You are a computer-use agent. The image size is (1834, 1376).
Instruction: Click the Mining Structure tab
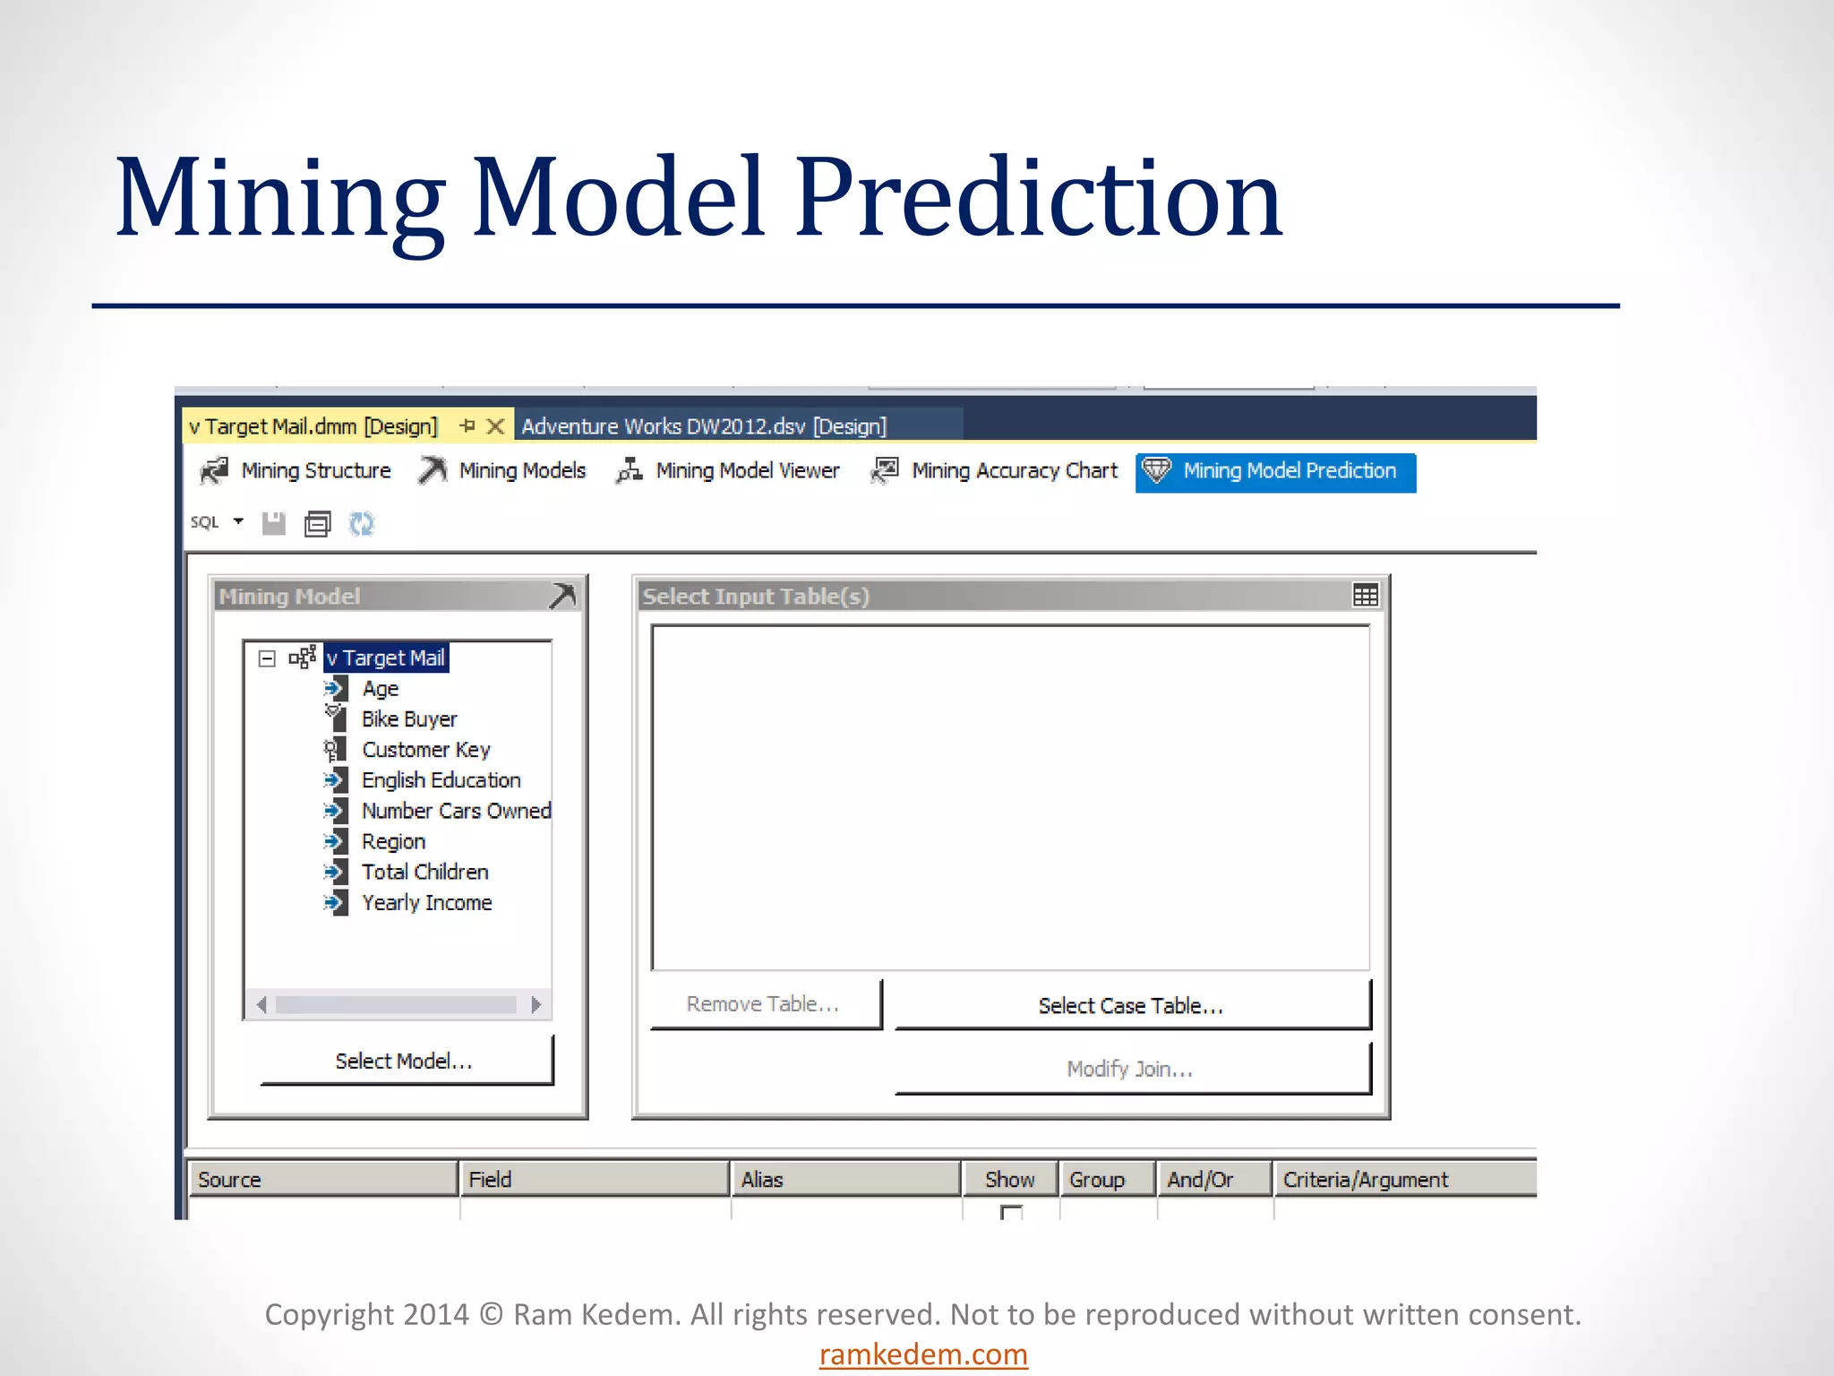[296, 471]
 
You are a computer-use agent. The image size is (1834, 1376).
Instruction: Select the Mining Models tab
[502, 471]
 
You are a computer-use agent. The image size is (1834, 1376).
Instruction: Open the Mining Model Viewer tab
[728, 471]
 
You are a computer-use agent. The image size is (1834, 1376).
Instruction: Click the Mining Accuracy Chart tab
[995, 471]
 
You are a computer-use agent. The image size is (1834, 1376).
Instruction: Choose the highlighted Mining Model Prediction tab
[1275, 472]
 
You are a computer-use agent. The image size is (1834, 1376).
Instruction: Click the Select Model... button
[406, 1061]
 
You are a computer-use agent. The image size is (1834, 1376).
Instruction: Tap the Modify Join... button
[1132, 1069]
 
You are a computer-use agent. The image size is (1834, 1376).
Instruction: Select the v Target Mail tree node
[386, 658]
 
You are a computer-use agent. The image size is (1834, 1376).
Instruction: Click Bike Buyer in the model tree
[409, 719]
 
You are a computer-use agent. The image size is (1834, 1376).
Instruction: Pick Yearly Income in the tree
[426, 903]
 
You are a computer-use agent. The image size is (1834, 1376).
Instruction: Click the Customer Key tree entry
[425, 750]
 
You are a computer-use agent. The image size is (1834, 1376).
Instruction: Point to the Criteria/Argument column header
[1366, 1180]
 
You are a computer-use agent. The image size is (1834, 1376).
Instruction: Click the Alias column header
[762, 1180]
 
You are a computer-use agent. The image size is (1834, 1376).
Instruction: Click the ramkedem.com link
[923, 1354]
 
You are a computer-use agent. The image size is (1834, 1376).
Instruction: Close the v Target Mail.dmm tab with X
[495, 426]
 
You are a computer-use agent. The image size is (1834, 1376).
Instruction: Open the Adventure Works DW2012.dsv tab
[704, 426]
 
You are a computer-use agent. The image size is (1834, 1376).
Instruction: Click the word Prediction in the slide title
[1039, 197]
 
